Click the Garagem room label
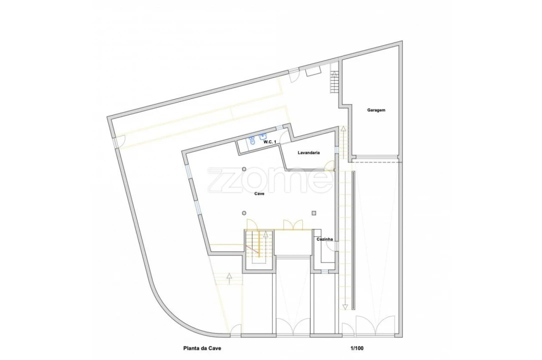(x=376, y=110)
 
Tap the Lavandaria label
(x=309, y=152)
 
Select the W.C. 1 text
(x=270, y=142)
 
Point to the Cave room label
(x=259, y=193)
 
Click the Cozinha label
(x=325, y=239)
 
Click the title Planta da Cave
(x=202, y=348)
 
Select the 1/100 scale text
(x=357, y=348)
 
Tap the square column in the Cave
(x=314, y=213)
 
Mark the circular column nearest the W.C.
(x=244, y=169)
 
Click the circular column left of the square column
(x=244, y=213)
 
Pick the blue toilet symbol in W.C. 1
(x=252, y=140)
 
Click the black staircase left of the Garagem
(x=334, y=82)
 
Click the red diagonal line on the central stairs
(x=253, y=249)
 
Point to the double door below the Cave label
(x=293, y=224)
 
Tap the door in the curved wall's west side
(x=119, y=141)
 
